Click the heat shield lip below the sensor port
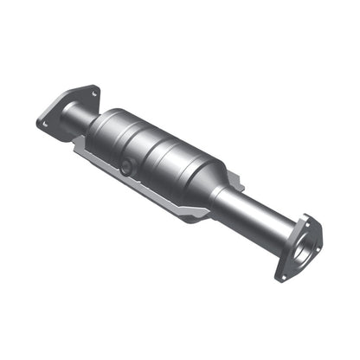click(121, 180)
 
